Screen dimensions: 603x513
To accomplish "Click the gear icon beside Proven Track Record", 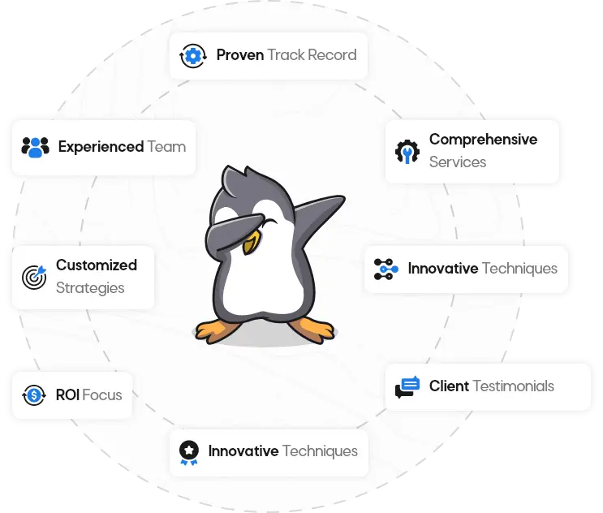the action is point(192,56).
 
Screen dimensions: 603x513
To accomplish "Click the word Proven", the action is point(240,55).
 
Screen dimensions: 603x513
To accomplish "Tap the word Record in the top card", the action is point(332,55).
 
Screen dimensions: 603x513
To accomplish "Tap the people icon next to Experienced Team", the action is point(36,147).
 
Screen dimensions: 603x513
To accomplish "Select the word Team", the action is point(166,147).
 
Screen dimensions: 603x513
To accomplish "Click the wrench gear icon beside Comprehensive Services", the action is point(407,152).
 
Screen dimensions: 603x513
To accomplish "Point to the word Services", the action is point(458,162).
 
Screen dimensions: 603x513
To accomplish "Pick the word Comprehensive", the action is point(484,140).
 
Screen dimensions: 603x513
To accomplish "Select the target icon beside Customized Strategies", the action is point(34,277).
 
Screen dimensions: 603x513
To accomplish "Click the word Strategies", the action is point(90,288).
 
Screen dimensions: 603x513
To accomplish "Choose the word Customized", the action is point(97,265).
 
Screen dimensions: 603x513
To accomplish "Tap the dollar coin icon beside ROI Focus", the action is point(34,395).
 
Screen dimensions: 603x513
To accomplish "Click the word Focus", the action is point(102,395).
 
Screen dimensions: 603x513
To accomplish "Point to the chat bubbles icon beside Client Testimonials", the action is point(407,387).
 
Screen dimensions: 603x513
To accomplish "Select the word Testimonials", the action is point(514,386).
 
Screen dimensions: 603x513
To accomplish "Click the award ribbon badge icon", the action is point(189,453).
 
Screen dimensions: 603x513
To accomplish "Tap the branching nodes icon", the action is point(386,269).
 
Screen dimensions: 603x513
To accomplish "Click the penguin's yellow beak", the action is point(251,243).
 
